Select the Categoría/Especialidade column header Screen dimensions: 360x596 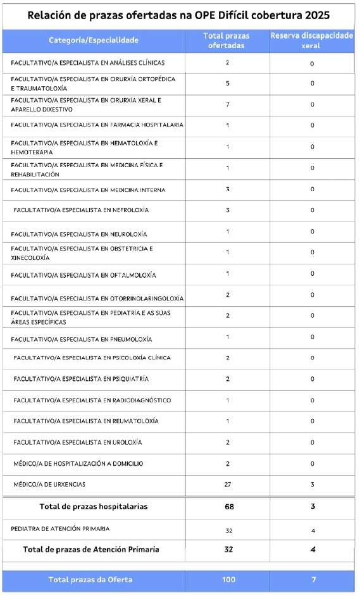(94, 40)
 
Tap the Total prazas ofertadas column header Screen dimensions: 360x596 (227, 41)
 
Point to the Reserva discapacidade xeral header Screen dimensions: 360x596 (312, 41)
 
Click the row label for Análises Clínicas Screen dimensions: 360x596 (88, 63)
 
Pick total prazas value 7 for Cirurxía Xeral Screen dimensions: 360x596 (227, 104)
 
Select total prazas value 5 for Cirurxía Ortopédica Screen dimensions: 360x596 (227, 84)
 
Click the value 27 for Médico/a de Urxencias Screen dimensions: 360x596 (227, 485)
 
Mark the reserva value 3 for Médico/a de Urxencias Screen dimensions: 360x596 (312, 485)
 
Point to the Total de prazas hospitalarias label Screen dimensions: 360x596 (94, 507)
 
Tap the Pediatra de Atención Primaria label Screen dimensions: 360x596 (60, 528)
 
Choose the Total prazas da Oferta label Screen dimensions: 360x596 (94, 580)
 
